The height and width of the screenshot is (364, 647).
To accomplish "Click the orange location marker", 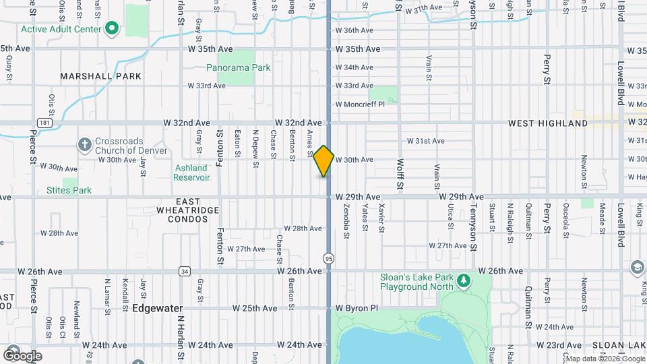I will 324,161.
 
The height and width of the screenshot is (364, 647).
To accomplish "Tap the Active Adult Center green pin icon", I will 113,29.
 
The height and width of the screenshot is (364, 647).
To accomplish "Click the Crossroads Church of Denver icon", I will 84,144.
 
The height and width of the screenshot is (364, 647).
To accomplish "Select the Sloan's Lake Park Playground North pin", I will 463,280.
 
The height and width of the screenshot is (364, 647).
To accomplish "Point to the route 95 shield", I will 328,258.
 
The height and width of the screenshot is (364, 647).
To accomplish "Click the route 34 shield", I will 184,271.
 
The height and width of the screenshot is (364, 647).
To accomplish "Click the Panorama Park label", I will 238,67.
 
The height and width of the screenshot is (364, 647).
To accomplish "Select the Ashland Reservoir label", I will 192,173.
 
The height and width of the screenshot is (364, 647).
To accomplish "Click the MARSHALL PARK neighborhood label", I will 101,76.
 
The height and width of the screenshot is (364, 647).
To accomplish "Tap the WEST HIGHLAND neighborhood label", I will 547,123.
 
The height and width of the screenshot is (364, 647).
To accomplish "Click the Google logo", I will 22,355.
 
